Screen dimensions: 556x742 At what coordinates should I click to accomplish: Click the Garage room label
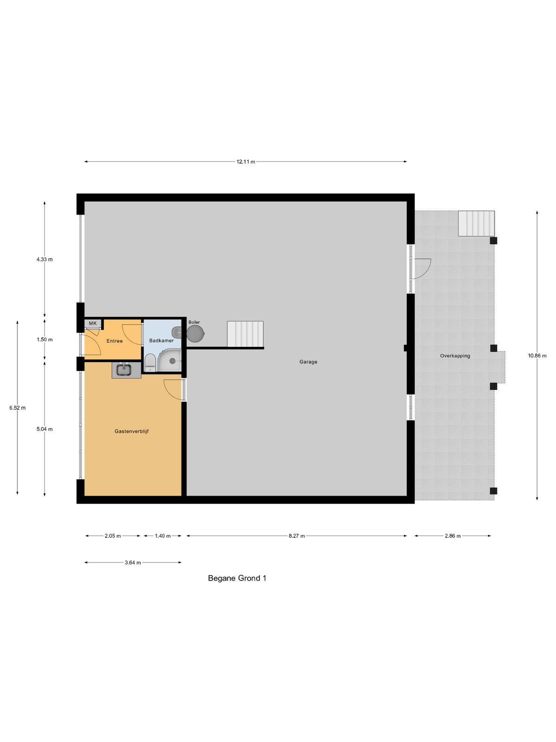pos(308,362)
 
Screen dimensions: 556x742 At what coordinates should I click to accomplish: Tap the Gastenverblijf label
pos(132,431)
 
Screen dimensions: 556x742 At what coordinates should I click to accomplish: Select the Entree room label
pos(114,341)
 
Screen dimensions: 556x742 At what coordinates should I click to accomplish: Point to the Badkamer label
pos(161,340)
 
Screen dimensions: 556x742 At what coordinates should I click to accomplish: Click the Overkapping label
pos(455,356)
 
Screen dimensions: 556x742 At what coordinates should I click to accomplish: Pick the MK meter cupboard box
pos(93,323)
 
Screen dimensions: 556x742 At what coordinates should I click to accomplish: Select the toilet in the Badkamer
pos(150,362)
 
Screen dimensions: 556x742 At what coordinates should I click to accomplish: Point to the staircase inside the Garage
pos(245,334)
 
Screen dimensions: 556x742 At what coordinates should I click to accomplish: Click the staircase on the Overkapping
pos(476,224)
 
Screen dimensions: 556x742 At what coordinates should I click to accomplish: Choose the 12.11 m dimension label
pos(246,161)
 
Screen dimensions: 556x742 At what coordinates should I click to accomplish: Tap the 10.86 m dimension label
pos(537,355)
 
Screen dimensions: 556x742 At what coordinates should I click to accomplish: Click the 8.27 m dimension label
pos(297,536)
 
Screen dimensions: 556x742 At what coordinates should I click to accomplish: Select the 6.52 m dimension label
pos(17,408)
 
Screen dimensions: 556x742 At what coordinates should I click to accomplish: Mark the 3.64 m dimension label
pos(133,563)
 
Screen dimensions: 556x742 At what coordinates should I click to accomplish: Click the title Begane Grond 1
pos(237,578)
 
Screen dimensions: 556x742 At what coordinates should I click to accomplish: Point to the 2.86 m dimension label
pos(452,536)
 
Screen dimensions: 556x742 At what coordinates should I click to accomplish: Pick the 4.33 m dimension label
pos(44,259)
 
